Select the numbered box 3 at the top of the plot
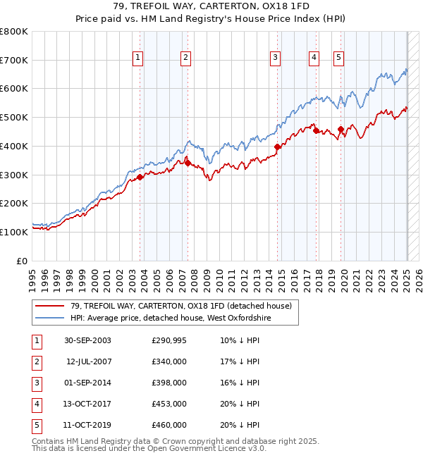point(275,58)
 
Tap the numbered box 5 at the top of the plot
point(339,58)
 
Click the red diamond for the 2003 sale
point(140,177)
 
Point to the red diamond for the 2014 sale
point(278,147)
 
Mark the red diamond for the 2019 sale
point(341,129)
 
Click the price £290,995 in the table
point(169,340)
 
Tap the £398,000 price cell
point(169,383)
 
